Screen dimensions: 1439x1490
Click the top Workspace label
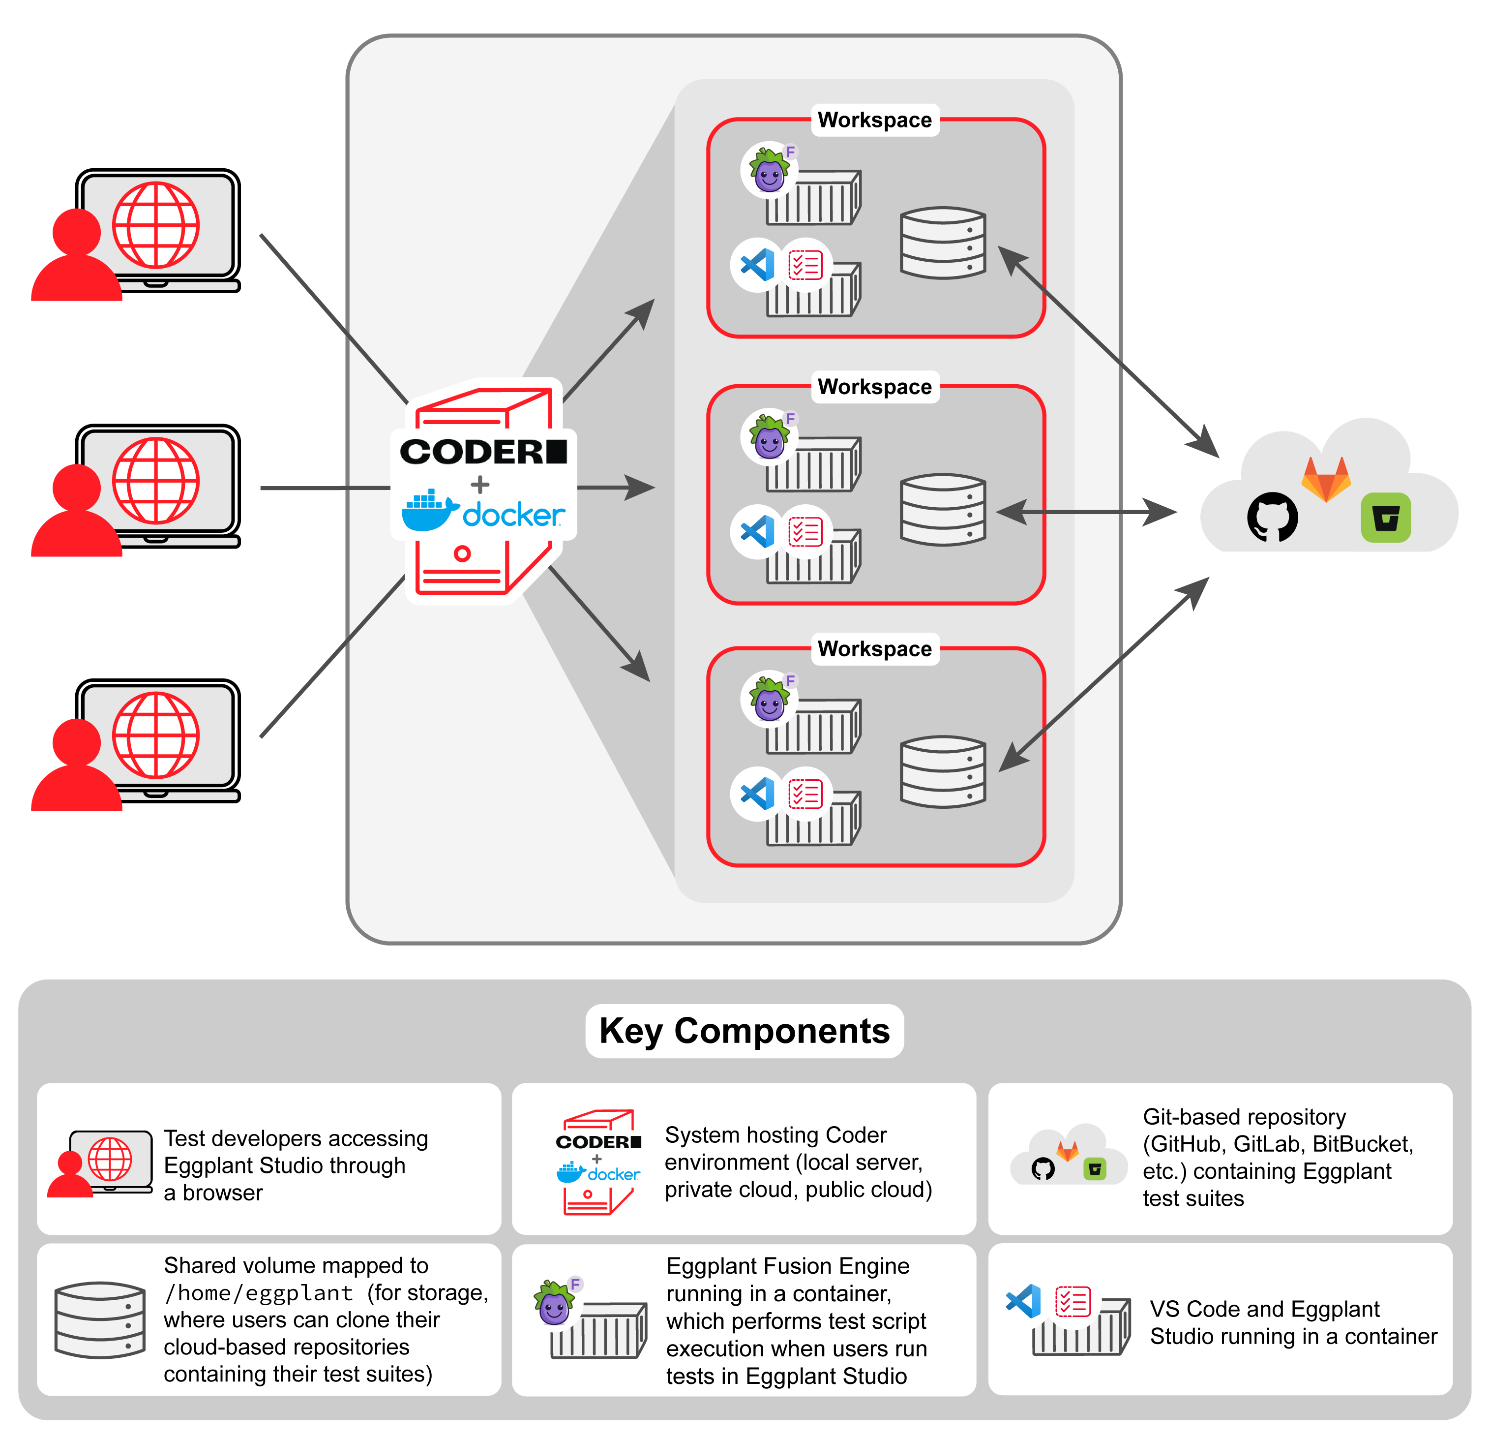click(874, 120)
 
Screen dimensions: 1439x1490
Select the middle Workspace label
click(874, 387)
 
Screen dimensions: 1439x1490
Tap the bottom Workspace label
click(874, 649)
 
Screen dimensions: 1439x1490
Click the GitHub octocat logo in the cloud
click(1272, 517)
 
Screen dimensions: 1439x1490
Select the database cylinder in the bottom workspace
click(943, 771)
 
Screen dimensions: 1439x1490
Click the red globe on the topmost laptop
click(156, 225)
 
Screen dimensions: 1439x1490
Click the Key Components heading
click(744, 1031)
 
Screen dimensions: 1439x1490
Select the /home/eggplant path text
click(259, 1293)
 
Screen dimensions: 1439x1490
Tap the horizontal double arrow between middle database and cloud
click(1087, 512)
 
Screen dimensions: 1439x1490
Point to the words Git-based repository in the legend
click(1244, 1117)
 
